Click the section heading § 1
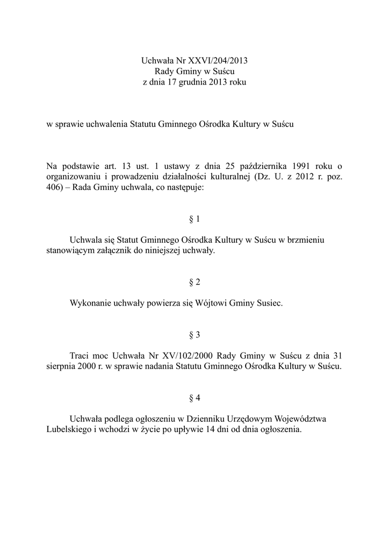(195, 220)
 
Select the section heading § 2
(195, 282)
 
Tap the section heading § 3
(195, 335)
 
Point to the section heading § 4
(195, 398)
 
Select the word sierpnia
(61, 366)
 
